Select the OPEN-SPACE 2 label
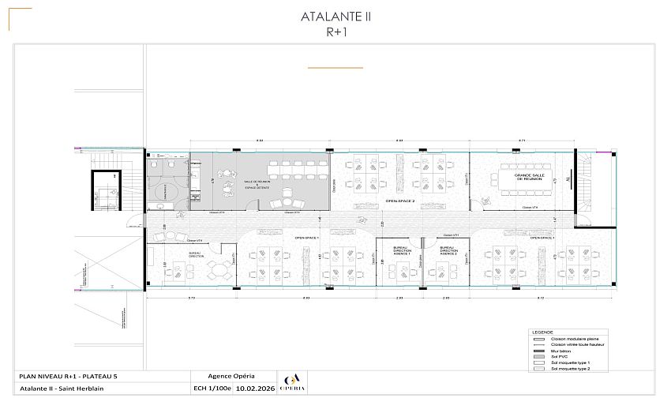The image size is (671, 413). (400, 201)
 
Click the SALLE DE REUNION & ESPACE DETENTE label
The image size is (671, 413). (257, 184)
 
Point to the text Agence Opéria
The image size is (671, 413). (231, 376)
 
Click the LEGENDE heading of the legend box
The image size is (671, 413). (542, 332)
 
